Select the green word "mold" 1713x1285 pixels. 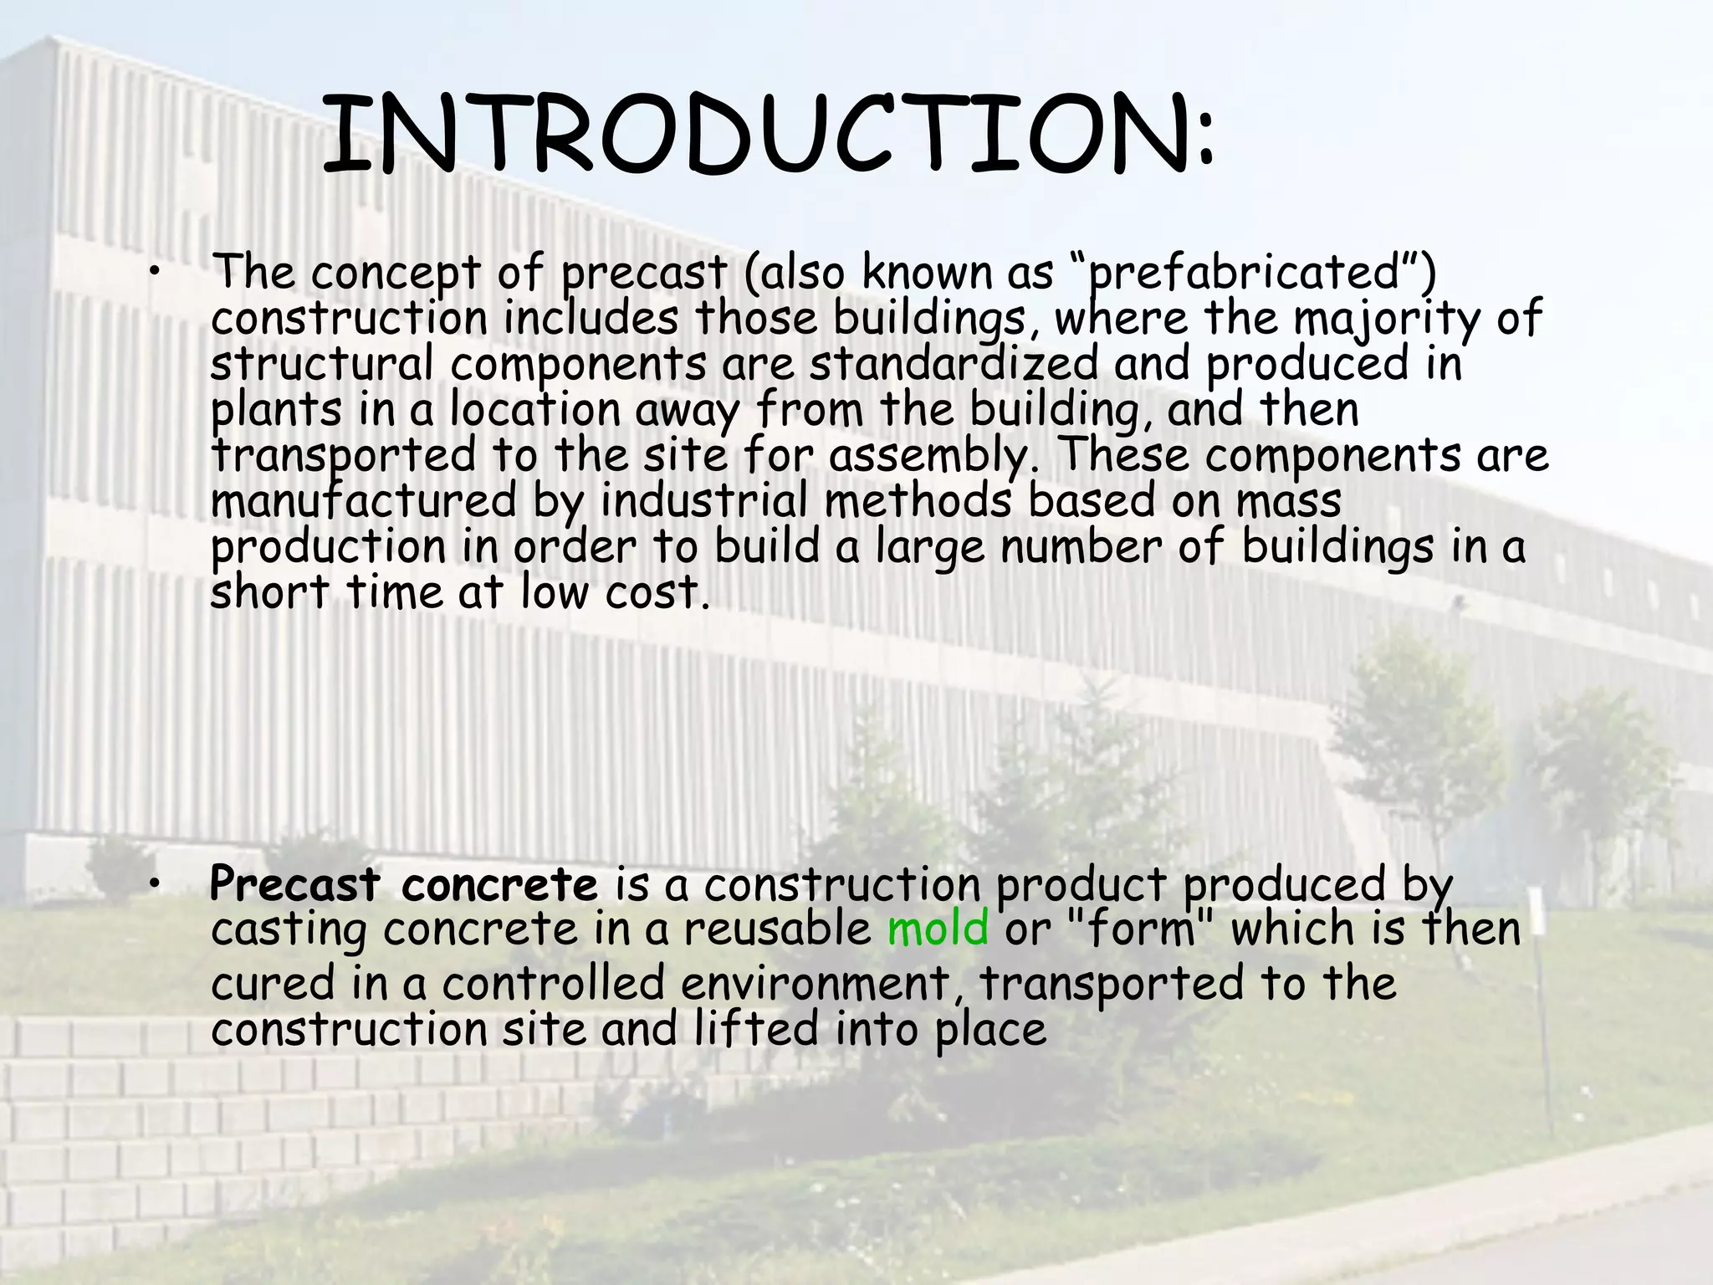point(938,929)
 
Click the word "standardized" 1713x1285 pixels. point(954,364)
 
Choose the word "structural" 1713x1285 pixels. point(322,364)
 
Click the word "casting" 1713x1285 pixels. point(289,931)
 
